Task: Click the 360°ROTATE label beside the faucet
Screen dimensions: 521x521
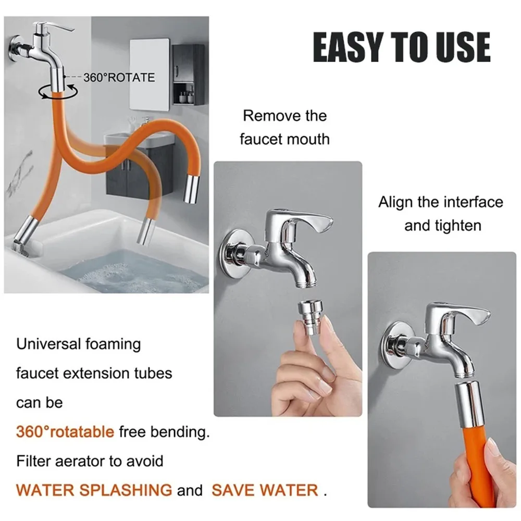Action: [x=119, y=78]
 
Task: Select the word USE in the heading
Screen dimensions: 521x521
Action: [x=464, y=47]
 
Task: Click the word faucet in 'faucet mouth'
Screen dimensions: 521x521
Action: [x=262, y=139]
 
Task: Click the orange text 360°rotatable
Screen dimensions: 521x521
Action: [x=65, y=432]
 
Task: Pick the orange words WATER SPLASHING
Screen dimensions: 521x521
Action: [x=94, y=490]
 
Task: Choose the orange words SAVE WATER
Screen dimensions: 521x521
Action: [x=265, y=490]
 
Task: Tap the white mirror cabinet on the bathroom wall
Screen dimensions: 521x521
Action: [x=150, y=75]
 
